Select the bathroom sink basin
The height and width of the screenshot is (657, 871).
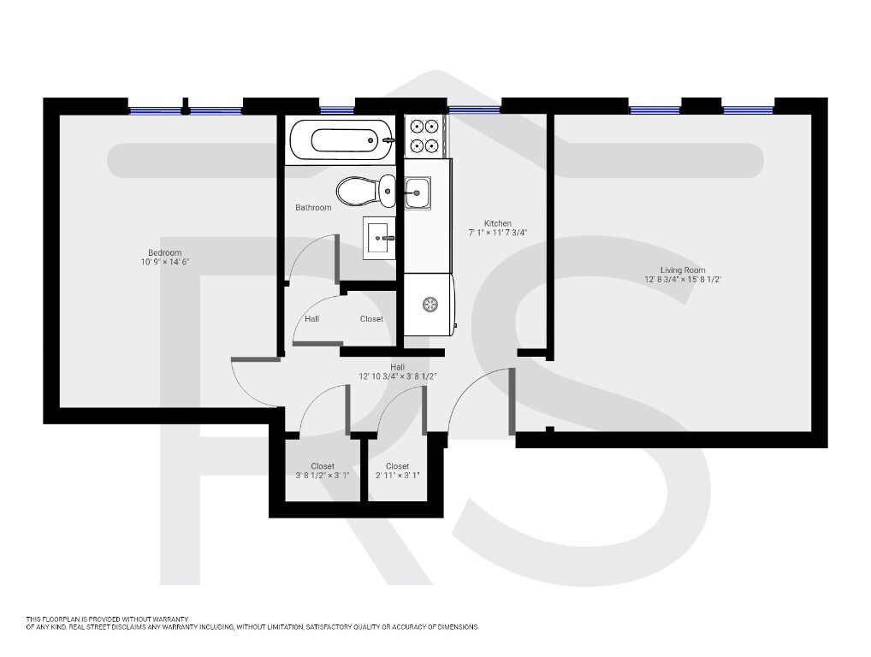pyautogui.click(x=380, y=237)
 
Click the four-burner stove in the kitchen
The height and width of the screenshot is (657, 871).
pyautogui.click(x=423, y=134)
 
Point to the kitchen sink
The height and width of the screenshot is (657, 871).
pyautogui.click(x=418, y=192)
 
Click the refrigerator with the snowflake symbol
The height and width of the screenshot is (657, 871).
pyautogui.click(x=430, y=305)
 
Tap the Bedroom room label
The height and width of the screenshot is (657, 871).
pyautogui.click(x=165, y=252)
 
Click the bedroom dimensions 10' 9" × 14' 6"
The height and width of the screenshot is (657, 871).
pyautogui.click(x=165, y=263)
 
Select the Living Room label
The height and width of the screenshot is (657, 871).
pyautogui.click(x=683, y=269)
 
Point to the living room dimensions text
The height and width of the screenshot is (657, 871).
pyautogui.click(x=683, y=280)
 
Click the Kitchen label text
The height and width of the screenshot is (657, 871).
pyautogui.click(x=497, y=223)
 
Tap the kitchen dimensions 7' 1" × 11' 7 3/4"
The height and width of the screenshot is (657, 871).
pyautogui.click(x=497, y=234)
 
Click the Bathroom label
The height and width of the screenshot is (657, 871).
pyautogui.click(x=313, y=208)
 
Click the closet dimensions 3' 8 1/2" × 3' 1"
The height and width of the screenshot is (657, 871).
pyautogui.click(x=321, y=476)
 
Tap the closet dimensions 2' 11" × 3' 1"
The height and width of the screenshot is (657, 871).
pyautogui.click(x=397, y=476)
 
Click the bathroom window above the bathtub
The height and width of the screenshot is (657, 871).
pyautogui.click(x=337, y=109)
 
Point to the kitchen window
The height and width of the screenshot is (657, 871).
pyautogui.click(x=474, y=109)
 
